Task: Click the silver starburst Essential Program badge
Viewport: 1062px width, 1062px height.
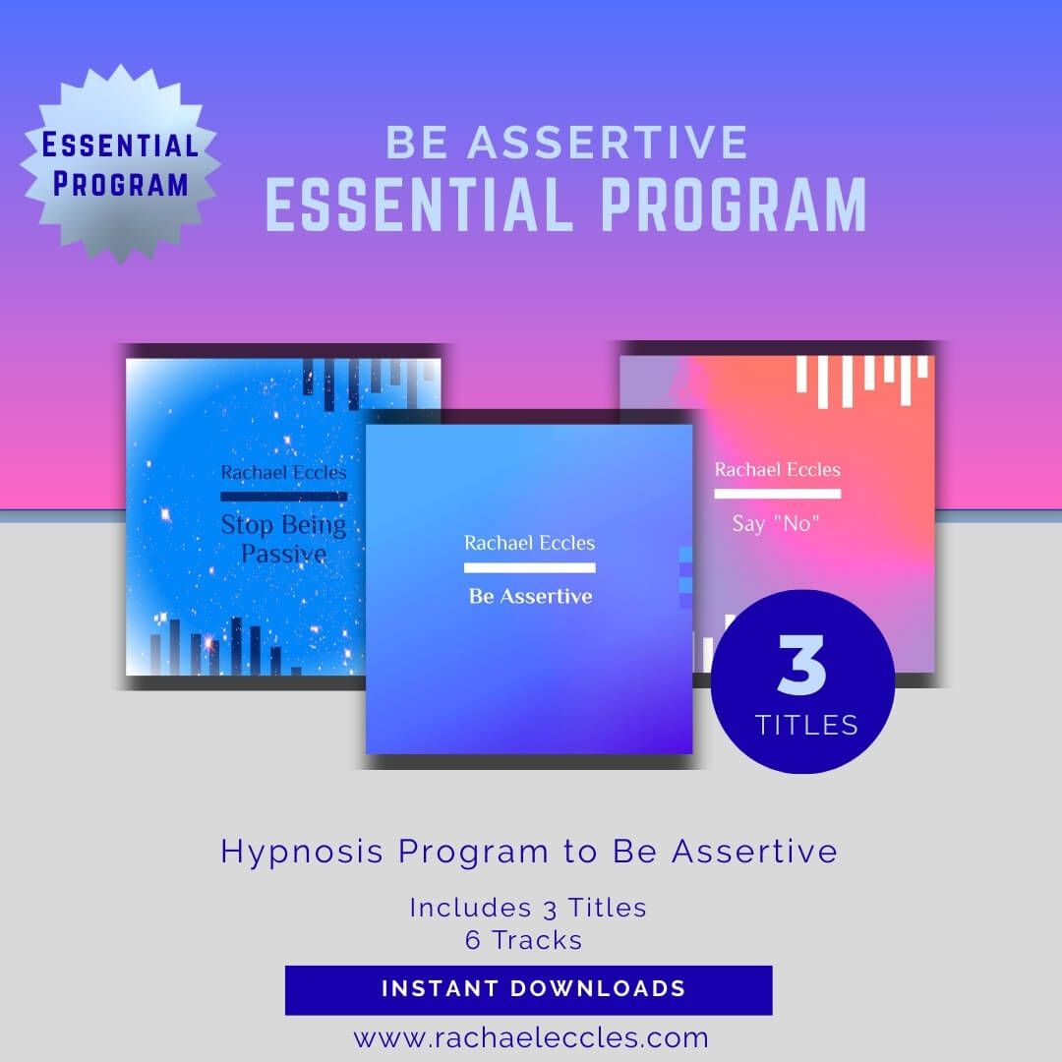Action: [x=120, y=164]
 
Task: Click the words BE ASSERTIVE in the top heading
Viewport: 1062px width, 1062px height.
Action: [x=566, y=143]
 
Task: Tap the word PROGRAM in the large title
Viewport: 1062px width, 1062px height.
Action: [x=733, y=204]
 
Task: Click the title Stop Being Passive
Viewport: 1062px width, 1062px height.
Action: [x=283, y=539]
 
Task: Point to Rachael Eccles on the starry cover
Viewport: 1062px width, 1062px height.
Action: [x=283, y=472]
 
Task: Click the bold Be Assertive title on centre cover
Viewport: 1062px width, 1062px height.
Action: [x=530, y=596]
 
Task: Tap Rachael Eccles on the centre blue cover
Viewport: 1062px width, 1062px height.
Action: [x=529, y=543]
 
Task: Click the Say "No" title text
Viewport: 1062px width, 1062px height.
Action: [x=777, y=523]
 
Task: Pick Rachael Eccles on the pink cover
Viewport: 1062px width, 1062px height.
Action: [x=777, y=469]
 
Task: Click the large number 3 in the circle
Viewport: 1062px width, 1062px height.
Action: [x=801, y=666]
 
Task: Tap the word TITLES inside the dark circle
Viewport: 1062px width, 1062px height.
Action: [x=806, y=726]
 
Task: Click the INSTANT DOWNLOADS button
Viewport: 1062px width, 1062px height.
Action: [x=529, y=989]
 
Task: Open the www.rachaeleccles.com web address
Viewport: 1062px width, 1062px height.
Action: [x=531, y=1037]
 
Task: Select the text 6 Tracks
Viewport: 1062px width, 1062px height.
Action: [x=524, y=940]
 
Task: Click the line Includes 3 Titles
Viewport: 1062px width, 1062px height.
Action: [x=528, y=907]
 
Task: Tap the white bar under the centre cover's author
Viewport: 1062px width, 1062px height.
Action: [x=529, y=567]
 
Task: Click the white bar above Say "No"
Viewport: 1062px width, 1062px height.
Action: [x=777, y=494]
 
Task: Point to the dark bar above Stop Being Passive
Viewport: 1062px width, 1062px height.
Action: [x=283, y=497]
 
